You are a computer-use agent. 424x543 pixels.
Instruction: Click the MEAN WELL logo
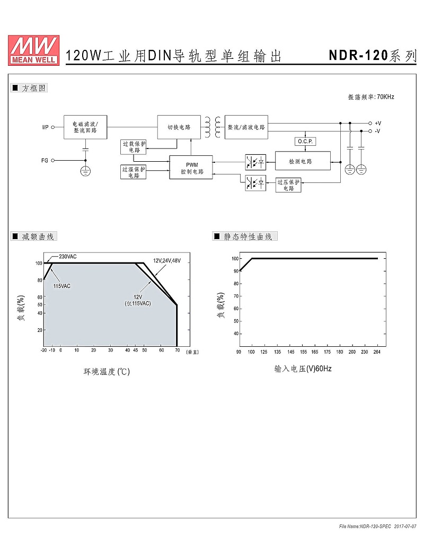point(33,50)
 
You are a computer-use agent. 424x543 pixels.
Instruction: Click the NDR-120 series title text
point(372,55)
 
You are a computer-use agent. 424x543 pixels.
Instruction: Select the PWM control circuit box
point(191,168)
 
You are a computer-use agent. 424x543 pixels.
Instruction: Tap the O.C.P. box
point(305,141)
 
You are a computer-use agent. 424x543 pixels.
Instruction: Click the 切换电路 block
point(179,127)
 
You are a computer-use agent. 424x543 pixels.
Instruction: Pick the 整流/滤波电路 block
point(246,127)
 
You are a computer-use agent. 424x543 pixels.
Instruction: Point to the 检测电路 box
point(303,161)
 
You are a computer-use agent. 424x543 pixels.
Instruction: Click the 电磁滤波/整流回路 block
point(85,127)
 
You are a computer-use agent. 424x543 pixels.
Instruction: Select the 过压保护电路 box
point(288,185)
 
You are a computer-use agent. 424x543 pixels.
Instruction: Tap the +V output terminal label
point(378,123)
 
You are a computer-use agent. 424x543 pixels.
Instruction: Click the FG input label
point(45,160)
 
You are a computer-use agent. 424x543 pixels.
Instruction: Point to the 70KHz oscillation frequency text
point(371,97)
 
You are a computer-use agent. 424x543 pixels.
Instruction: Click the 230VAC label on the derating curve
point(68,257)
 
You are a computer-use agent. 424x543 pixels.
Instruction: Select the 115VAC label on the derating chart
point(62,286)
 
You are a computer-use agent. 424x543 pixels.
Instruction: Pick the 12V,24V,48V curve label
point(167,260)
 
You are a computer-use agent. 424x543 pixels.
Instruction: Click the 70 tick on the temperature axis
point(177,350)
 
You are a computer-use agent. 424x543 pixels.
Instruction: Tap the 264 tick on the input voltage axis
point(377,352)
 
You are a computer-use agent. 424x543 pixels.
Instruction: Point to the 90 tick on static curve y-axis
point(236,271)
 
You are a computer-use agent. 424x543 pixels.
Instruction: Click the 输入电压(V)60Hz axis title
point(303,369)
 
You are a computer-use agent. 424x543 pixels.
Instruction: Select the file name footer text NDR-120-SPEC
point(365,527)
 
